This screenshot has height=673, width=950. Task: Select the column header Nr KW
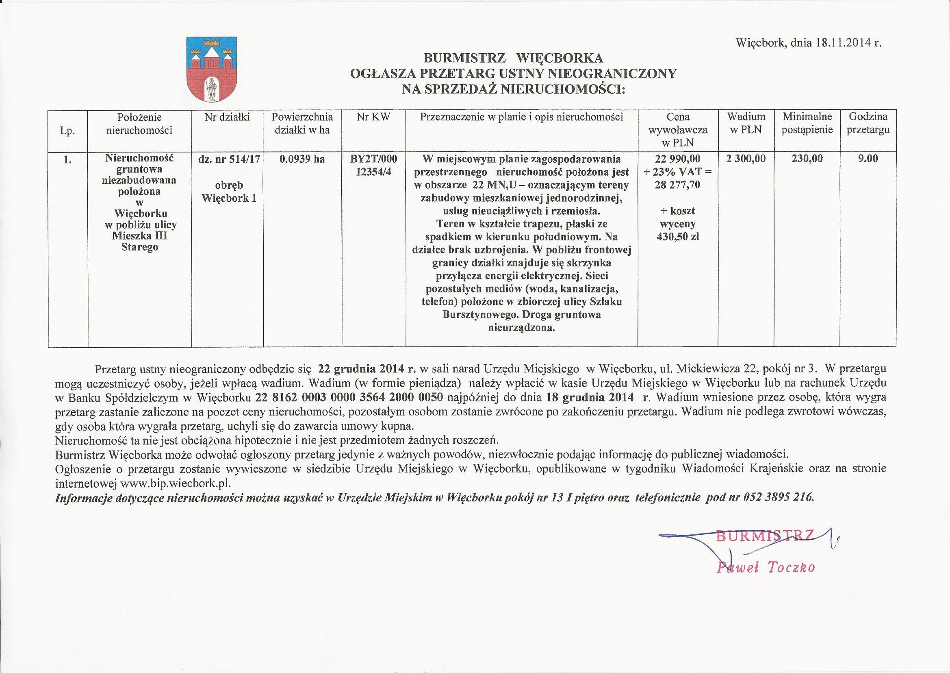coord(373,117)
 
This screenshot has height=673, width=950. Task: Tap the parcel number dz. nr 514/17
coord(229,159)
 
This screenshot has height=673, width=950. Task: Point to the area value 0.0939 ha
coord(302,159)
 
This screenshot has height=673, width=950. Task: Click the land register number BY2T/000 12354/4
coord(373,165)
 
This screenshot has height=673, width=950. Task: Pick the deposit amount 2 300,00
coord(746,158)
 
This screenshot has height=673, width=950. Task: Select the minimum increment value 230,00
coord(807,158)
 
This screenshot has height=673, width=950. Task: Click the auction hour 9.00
coord(868,158)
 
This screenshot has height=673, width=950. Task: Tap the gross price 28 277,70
coord(677,185)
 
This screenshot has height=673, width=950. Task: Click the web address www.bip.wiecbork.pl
coord(176,483)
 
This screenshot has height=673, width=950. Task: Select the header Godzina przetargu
coord(868,123)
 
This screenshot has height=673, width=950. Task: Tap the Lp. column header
coord(67,131)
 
